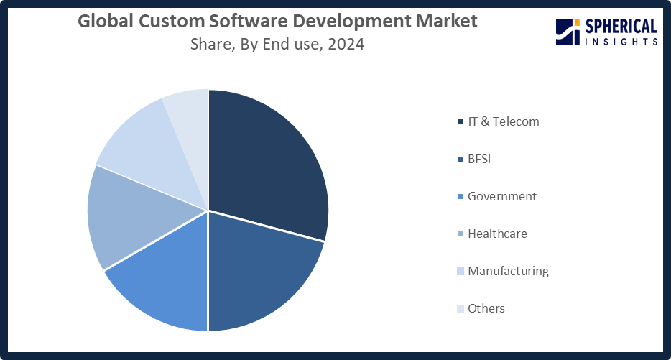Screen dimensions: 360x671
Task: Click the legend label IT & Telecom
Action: point(503,121)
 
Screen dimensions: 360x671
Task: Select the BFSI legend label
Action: point(479,159)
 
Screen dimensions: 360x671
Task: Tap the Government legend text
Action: point(501,196)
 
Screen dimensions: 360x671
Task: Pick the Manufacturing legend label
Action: point(508,271)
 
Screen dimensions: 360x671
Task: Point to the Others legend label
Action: point(486,308)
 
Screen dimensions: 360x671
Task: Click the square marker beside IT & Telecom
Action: point(460,122)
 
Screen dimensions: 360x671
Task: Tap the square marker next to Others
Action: point(460,309)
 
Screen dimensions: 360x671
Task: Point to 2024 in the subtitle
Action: point(346,45)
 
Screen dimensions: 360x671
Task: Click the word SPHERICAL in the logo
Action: point(621,27)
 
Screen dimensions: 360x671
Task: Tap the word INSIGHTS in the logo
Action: point(621,42)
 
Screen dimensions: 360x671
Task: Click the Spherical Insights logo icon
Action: point(568,32)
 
